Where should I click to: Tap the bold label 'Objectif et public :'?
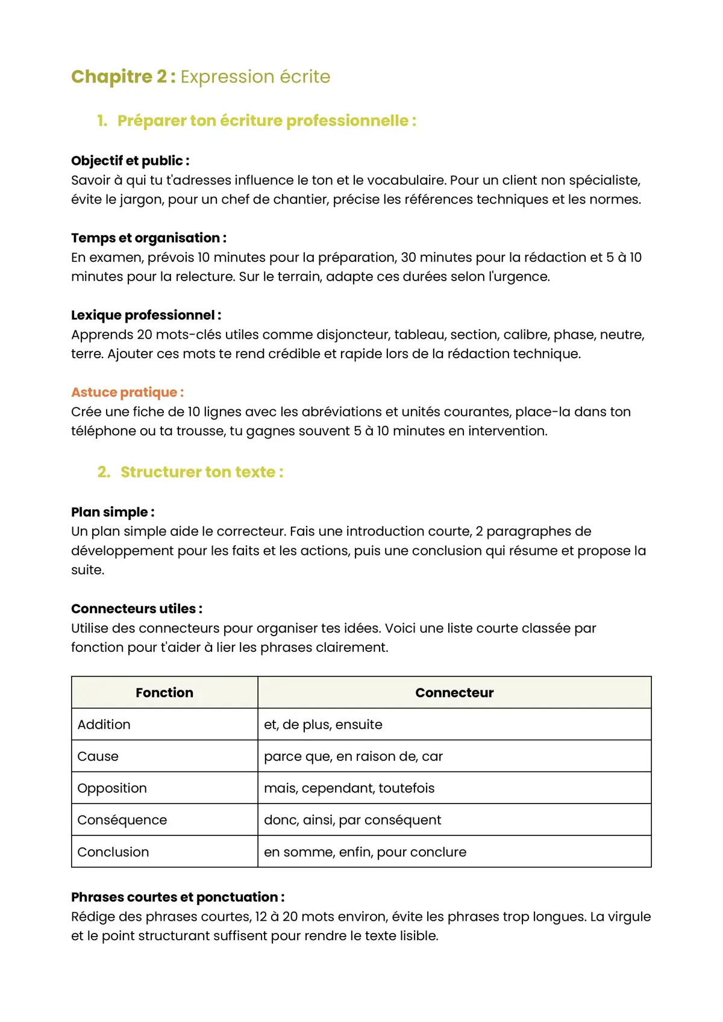(130, 161)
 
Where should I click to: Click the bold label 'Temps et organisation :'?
(149, 238)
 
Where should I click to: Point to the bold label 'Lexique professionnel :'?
(146, 315)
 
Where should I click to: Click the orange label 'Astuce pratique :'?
(127, 392)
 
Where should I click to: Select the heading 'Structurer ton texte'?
(201, 472)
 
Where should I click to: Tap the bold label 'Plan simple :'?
(113, 512)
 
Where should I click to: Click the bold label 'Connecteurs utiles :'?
(137, 609)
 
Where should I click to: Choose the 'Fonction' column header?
(164, 693)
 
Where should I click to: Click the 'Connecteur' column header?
(454, 693)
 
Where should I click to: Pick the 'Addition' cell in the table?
(104, 725)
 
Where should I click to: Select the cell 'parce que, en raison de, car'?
(353, 757)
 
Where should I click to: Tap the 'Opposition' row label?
(112, 788)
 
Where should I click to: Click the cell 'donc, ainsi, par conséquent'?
(352, 820)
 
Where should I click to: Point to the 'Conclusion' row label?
(113, 852)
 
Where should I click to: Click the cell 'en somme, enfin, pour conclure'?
(365, 852)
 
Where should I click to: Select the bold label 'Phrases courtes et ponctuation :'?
(178, 897)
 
